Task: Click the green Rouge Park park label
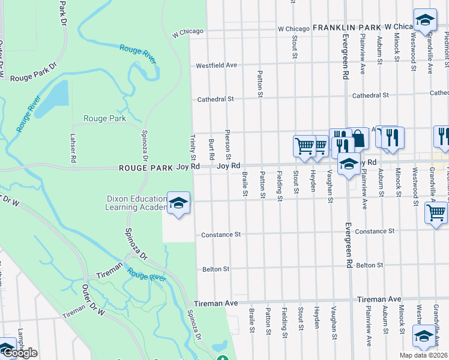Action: [104, 119]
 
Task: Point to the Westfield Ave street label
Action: [217, 65]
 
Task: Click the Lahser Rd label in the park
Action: [73, 148]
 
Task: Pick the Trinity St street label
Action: [193, 147]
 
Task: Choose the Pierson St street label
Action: [228, 144]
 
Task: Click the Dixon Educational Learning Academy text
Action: [136, 203]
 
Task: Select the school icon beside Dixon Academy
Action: [178, 204]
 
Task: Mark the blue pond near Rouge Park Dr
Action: [59, 94]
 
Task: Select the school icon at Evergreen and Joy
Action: [349, 163]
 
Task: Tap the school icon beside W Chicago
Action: [425, 20]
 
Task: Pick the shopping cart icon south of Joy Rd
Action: [436, 212]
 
